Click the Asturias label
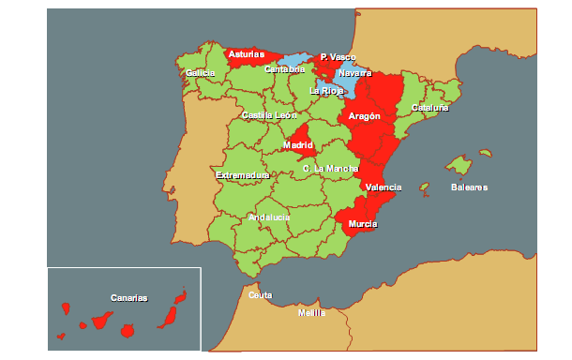tap(247, 54)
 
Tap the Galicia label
tap(201, 73)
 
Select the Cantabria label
tap(284, 69)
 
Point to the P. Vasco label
tap(338, 57)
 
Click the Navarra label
tap(354, 73)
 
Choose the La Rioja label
tap(326, 91)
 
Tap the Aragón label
tap(364, 116)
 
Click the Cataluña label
tap(430, 108)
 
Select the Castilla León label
tap(269, 115)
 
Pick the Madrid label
tap(297, 145)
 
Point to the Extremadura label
tap(243, 175)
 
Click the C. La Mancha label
tap(331, 169)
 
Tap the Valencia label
tap(384, 187)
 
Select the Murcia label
tap(363, 225)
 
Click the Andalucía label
tap(269, 217)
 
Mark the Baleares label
tap(469, 187)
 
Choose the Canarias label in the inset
tap(129, 298)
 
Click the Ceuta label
tap(260, 295)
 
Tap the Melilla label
tap(311, 313)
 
